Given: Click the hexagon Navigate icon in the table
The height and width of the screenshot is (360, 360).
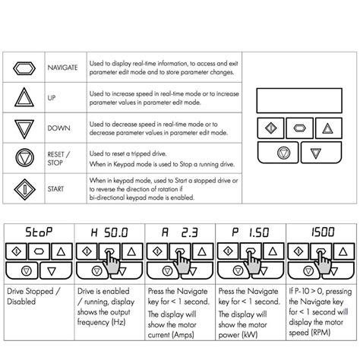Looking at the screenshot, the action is click(x=24, y=66).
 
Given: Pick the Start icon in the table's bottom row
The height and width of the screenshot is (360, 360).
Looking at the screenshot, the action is click(x=24, y=187).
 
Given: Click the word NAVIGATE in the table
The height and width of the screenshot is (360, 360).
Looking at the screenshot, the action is click(x=62, y=67).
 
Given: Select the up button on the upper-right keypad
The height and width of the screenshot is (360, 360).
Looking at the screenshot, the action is click(x=328, y=126).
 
